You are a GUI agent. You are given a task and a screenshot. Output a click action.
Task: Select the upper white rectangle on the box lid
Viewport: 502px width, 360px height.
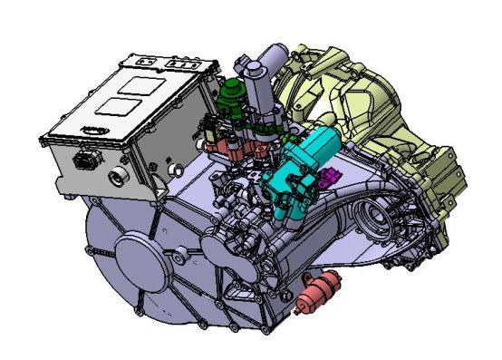136,86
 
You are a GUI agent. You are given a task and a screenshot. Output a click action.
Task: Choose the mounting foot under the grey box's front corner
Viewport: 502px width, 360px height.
63,185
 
